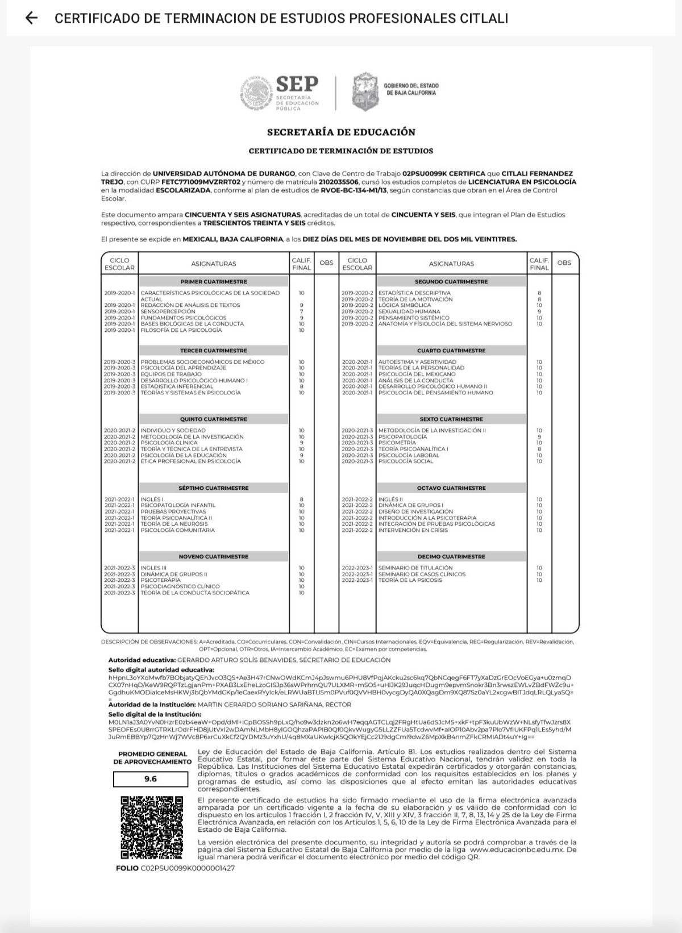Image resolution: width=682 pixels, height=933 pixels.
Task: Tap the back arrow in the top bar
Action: point(32,18)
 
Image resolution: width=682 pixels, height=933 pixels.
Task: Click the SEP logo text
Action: point(297,85)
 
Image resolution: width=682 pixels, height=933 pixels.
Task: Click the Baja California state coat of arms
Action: point(365,91)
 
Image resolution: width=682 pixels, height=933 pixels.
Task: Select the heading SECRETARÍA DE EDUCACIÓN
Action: point(341,132)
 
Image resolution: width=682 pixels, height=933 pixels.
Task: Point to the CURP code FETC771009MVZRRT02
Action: point(209,182)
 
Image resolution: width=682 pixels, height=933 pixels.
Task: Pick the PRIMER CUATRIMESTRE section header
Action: point(214,282)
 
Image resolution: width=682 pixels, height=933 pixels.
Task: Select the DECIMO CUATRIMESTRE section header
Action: point(451,557)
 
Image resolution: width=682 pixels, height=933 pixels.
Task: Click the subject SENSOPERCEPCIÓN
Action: point(168,311)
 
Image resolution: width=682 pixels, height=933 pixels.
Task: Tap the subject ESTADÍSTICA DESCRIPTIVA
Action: point(414,293)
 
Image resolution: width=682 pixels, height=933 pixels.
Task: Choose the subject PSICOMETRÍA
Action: point(397,443)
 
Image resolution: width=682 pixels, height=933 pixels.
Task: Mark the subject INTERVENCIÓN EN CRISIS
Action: point(413,530)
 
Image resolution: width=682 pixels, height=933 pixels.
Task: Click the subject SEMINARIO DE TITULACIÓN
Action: point(415,568)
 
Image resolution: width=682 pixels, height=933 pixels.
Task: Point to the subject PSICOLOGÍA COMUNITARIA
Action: point(178,530)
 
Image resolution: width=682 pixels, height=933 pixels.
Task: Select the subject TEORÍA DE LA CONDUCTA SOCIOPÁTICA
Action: point(195,593)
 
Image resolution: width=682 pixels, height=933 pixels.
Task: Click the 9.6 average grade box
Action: point(151,779)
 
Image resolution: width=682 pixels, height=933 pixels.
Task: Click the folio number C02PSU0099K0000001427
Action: point(188,868)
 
